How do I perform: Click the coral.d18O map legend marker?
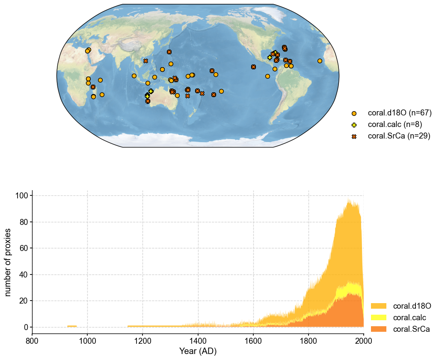point(354,113)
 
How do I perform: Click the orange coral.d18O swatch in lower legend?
point(378,306)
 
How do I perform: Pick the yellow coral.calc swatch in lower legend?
point(378,317)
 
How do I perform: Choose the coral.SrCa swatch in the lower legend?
point(378,329)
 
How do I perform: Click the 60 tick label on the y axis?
point(24,248)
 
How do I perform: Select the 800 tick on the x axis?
point(32,341)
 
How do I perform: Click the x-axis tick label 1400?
point(198,341)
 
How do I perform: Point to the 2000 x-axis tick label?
point(363,341)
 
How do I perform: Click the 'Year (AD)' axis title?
point(197,351)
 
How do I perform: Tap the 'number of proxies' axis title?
point(8,261)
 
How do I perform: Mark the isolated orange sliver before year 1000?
point(72,326)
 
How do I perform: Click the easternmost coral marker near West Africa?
point(320,61)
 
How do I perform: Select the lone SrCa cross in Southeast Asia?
point(145,61)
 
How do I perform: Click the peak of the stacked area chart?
point(349,199)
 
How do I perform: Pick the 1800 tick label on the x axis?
point(308,341)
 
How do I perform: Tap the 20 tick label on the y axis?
point(24,301)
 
